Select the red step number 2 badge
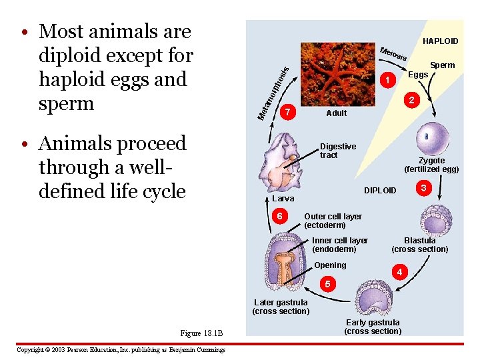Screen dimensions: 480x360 [x=413, y=100]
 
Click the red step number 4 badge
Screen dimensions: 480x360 [x=399, y=272]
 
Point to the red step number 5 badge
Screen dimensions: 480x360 [x=327, y=285]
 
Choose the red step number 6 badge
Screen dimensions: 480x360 [x=281, y=217]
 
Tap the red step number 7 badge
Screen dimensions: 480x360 [x=287, y=112]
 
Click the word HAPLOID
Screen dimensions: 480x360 [x=441, y=41]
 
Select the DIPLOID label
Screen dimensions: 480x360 [x=380, y=191]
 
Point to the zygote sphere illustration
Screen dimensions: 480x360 [x=431, y=139]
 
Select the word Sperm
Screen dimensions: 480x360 [x=443, y=65]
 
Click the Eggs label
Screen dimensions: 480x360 [x=418, y=75]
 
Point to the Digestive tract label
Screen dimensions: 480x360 [x=338, y=151]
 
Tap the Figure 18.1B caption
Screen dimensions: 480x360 [x=201, y=333]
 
